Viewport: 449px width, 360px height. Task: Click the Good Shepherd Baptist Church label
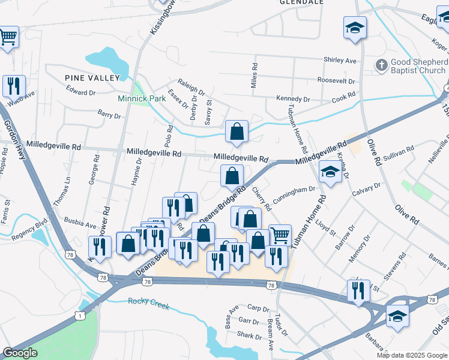coord(418,66)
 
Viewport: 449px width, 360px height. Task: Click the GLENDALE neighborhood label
coord(301,2)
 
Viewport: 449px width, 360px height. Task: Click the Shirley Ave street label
coord(340,60)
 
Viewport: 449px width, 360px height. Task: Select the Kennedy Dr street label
coord(293,99)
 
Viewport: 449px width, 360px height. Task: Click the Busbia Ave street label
coord(80,226)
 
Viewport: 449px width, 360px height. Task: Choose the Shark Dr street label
coord(249,335)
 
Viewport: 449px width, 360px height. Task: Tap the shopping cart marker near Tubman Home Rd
coord(280,234)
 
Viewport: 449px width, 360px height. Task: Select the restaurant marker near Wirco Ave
coord(13,86)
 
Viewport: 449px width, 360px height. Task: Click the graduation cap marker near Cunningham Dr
coord(330,172)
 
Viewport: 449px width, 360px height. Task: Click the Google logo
coord(20,353)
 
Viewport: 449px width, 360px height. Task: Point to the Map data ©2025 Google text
coord(412,355)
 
